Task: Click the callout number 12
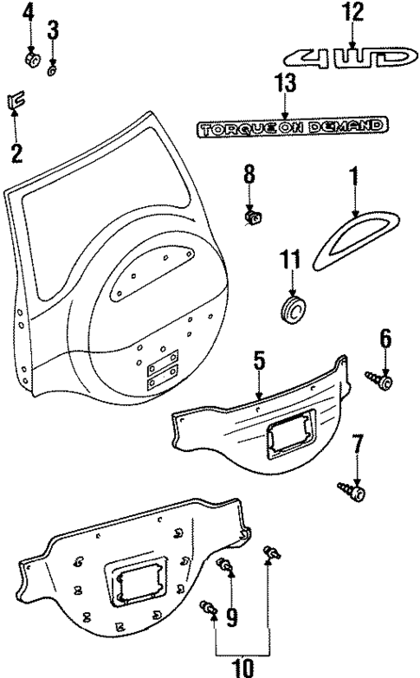(x=352, y=12)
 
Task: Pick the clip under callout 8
(x=253, y=216)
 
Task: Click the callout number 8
(x=249, y=175)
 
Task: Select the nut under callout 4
(x=33, y=61)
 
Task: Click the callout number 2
(x=16, y=154)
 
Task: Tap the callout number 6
(x=384, y=339)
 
